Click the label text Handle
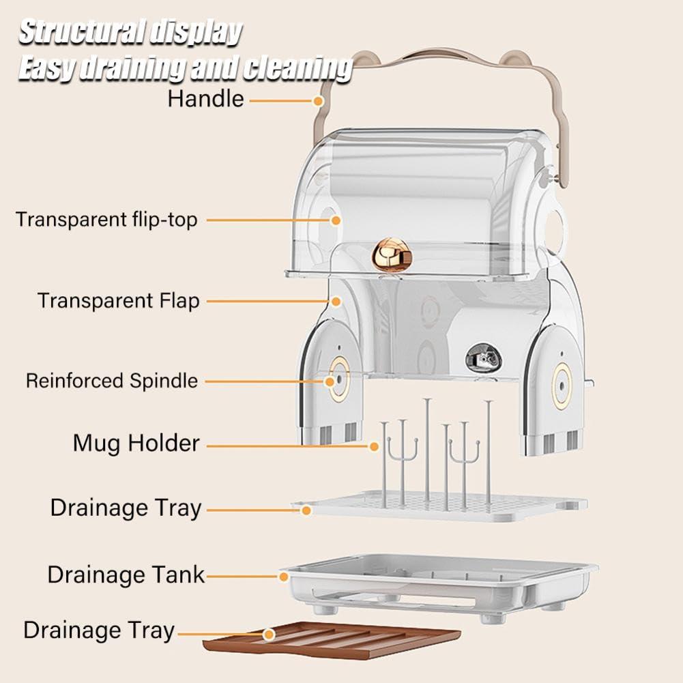click(x=205, y=99)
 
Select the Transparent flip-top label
click(x=106, y=220)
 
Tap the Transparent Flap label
click(x=118, y=300)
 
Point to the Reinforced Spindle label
click(x=112, y=381)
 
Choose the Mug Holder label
click(x=136, y=444)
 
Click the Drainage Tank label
click(x=126, y=575)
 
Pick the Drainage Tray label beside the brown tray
click(x=99, y=630)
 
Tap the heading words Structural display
click(x=130, y=32)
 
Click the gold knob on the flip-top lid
click(x=392, y=254)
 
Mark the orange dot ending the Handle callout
click(x=318, y=101)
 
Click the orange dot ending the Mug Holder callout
click(x=374, y=447)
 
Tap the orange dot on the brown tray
click(x=270, y=635)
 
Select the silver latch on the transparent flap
click(x=482, y=357)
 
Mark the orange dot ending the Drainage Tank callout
click(x=284, y=577)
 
